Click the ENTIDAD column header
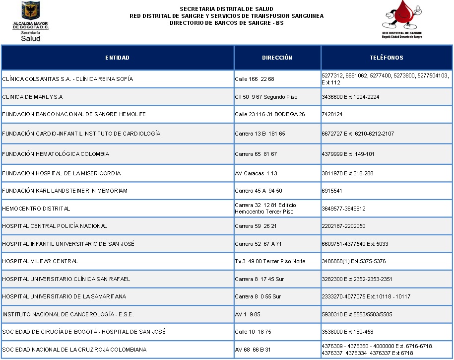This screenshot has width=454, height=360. (117, 58)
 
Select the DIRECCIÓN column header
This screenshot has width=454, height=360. (277, 58)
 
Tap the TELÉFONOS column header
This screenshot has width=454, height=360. (387, 58)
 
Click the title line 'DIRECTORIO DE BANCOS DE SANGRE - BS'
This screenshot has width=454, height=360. (226, 23)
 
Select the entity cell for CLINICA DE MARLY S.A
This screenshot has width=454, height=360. (32, 97)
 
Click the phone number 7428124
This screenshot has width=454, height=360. (332, 115)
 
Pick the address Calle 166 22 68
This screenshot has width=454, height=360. (255, 79)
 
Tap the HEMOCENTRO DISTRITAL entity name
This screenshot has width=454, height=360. (36, 209)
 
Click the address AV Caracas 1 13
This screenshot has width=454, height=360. (256, 173)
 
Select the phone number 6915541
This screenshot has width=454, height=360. (332, 191)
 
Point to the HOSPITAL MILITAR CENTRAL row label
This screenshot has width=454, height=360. (40, 261)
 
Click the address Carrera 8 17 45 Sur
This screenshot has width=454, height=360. (258, 279)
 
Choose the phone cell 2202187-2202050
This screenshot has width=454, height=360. (343, 226)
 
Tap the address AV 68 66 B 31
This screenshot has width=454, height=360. (253, 350)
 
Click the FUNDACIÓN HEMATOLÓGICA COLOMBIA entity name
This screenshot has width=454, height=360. (56, 154)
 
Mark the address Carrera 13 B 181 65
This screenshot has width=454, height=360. (260, 134)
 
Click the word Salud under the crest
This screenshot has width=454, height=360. (30, 38)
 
